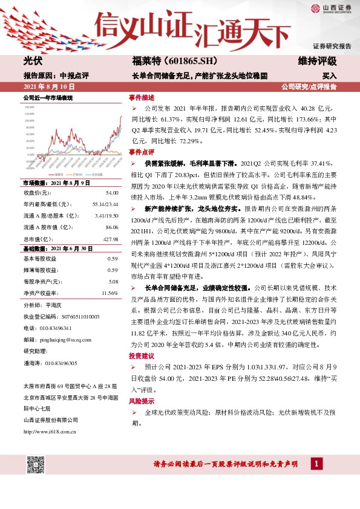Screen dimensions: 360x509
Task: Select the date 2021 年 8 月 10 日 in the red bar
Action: [x=48, y=87]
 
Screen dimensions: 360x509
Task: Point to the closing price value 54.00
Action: [x=111, y=192]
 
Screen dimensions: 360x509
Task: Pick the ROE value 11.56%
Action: [x=109, y=293]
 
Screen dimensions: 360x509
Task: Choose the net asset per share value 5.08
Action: [x=113, y=281]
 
